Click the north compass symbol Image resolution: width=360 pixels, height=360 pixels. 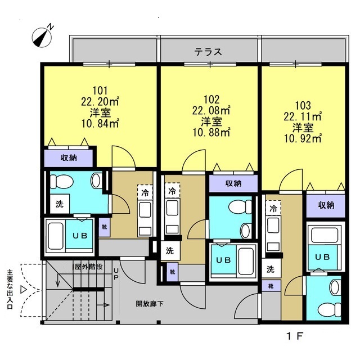coord(42,37)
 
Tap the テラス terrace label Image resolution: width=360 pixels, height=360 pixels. coord(208,52)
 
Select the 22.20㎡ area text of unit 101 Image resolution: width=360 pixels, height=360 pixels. coord(100,101)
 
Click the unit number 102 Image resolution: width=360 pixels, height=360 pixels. coord(211,100)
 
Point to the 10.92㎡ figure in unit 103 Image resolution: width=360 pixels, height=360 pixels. coord(303,138)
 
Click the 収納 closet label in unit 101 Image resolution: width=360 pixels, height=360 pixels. coord(69,157)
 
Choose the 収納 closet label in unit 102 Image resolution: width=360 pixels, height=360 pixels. coord(233,183)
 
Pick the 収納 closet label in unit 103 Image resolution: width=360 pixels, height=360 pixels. coord(326,205)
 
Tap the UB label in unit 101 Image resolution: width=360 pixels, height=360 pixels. coord(80,235)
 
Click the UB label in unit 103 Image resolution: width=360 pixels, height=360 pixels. coord(322,257)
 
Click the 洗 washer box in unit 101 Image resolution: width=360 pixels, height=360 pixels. coord(60,204)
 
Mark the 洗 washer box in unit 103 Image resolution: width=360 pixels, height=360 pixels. coord(271,268)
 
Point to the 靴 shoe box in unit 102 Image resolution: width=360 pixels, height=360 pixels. coord(173,272)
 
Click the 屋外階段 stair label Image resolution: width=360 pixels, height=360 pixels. coord(89,267)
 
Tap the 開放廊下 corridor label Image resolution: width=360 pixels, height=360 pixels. coord(150,304)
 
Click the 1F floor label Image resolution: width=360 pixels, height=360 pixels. coord(295,336)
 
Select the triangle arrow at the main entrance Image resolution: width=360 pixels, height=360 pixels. coord(24,289)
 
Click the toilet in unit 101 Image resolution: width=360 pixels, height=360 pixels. coord(61,182)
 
